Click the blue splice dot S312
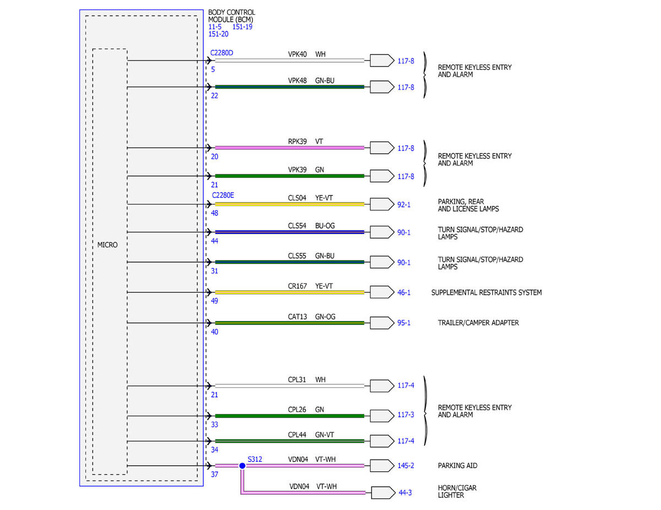242,465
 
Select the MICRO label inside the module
107,245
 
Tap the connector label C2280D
222,53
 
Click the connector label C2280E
223,195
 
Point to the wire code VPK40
297,54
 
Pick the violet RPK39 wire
290,148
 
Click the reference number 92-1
404,205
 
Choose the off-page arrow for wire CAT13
382,323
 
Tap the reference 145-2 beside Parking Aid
406,465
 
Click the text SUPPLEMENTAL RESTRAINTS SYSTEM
486,293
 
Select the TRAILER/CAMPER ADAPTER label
478,322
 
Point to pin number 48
214,213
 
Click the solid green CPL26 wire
290,416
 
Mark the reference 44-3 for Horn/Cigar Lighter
405,493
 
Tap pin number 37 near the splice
214,474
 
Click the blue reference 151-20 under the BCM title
218,34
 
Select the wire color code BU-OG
325,226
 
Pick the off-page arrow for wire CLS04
382,205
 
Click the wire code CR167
297,286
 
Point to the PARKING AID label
458,465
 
